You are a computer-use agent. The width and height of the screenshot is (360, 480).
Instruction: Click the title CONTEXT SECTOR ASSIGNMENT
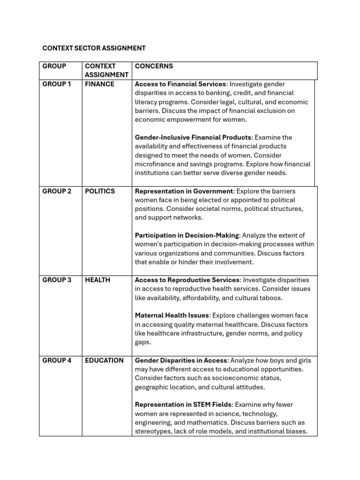(x=94, y=48)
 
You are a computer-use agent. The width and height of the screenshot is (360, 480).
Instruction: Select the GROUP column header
(x=54, y=66)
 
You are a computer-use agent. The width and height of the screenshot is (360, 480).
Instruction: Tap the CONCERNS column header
(x=154, y=66)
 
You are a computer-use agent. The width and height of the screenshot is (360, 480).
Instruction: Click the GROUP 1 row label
(x=57, y=84)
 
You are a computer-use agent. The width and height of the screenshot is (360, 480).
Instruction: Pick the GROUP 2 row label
(x=57, y=191)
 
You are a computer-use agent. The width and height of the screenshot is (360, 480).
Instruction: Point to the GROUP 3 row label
(x=57, y=280)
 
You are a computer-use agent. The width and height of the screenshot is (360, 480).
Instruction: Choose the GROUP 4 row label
(x=57, y=360)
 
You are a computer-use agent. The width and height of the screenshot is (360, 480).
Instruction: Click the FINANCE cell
(x=99, y=84)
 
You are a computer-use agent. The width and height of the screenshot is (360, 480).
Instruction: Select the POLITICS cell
(x=100, y=191)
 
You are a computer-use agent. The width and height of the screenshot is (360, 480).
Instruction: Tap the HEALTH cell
(x=97, y=280)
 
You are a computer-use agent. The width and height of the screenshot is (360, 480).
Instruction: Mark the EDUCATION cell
(x=104, y=360)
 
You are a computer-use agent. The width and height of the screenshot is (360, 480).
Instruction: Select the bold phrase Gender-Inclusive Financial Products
(x=193, y=137)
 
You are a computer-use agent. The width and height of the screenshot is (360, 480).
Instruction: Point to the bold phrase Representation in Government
(x=184, y=191)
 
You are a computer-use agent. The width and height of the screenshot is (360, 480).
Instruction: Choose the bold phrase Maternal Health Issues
(x=172, y=315)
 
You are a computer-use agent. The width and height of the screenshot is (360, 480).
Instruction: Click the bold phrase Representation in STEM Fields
(x=183, y=405)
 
